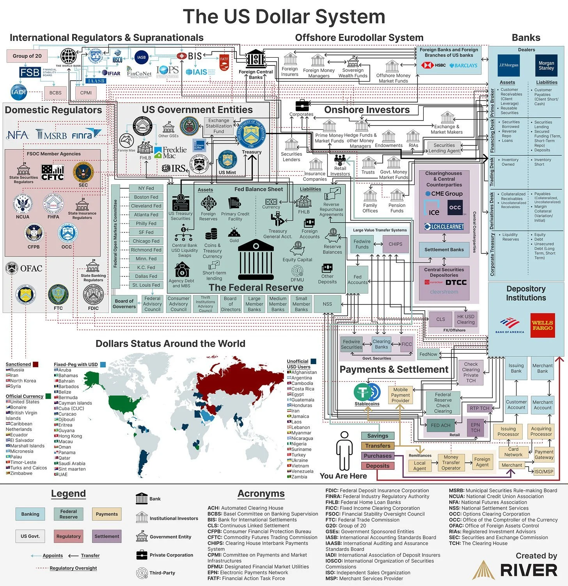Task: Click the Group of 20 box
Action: (x=27, y=56)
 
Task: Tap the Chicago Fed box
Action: (x=146, y=241)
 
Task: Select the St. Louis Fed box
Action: (x=146, y=285)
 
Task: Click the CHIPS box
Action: (x=395, y=244)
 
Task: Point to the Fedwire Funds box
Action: (x=362, y=244)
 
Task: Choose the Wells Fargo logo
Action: (x=542, y=325)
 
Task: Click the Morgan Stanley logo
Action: (x=546, y=66)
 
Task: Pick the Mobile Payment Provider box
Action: (x=400, y=395)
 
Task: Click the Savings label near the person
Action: (x=378, y=436)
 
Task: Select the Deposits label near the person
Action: (x=378, y=466)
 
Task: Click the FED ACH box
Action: (x=440, y=425)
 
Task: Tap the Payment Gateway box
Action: (x=544, y=455)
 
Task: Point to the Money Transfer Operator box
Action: (x=451, y=462)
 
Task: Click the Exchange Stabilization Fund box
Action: (x=219, y=126)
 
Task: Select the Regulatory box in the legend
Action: (x=68, y=536)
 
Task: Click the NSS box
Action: (x=327, y=304)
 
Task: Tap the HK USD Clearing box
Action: (x=466, y=319)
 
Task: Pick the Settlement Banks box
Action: (x=444, y=250)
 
